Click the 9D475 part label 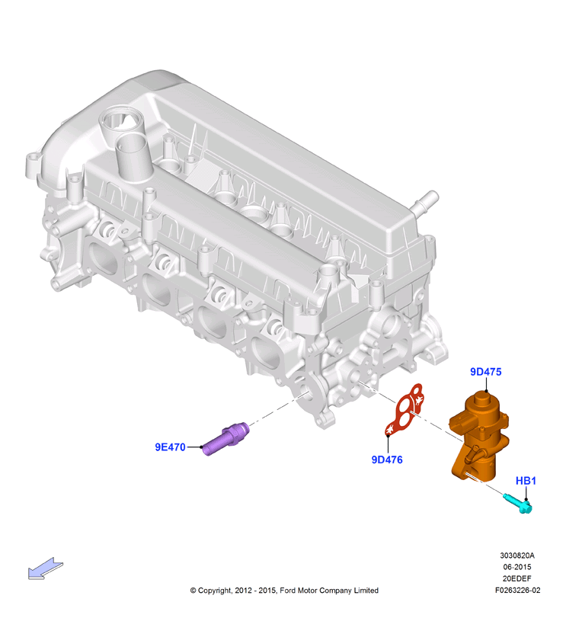pos(486,372)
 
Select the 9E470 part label pos(170,447)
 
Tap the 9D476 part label pos(387,459)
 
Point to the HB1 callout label pos(526,481)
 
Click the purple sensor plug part pos(226,439)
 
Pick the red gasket pos(403,410)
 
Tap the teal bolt pos(517,503)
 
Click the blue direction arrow pos(45,568)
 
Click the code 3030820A pos(517,556)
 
